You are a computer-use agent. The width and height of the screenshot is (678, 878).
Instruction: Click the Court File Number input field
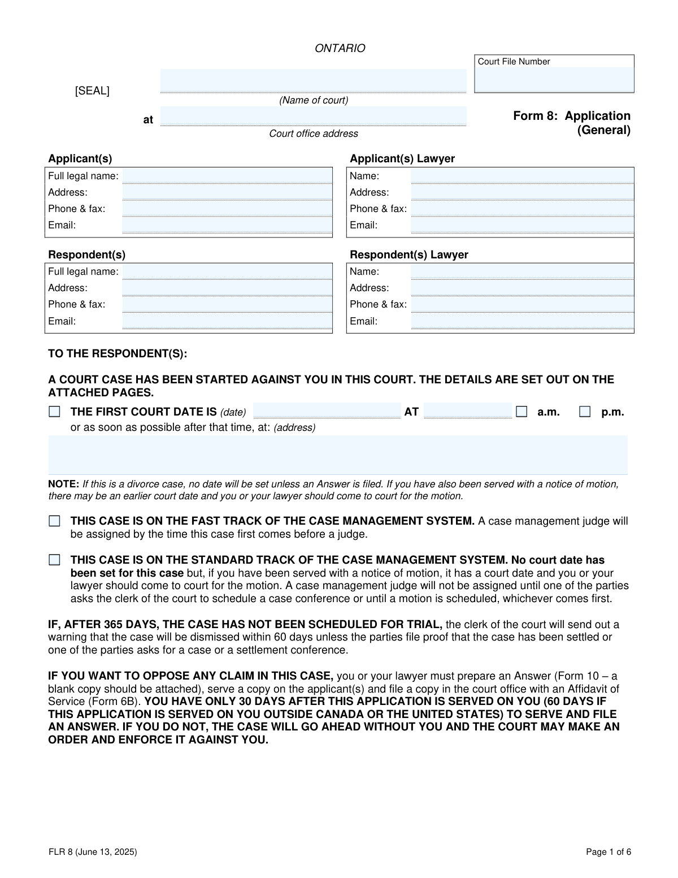[x=554, y=80]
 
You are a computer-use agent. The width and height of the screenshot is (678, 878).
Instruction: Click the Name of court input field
[x=314, y=80]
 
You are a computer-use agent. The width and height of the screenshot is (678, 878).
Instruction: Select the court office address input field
[x=314, y=116]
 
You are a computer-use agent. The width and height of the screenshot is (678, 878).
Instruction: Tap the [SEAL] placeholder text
[x=92, y=91]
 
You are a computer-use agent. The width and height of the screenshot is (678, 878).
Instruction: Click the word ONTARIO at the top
[x=340, y=49]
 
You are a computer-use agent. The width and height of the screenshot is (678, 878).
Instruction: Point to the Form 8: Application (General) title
[x=572, y=123]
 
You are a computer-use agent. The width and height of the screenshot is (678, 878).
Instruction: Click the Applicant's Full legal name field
[x=227, y=176]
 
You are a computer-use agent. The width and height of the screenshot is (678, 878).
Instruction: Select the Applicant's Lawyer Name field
[x=522, y=176]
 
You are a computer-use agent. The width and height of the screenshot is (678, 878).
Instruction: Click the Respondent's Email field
[x=227, y=321]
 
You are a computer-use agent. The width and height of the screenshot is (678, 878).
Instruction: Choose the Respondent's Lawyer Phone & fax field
[x=522, y=304]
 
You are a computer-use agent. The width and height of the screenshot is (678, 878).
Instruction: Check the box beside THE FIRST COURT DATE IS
[x=54, y=412]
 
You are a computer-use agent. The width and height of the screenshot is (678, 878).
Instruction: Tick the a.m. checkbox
[x=521, y=412]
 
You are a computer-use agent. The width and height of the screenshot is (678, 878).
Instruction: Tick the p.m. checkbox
[x=585, y=412]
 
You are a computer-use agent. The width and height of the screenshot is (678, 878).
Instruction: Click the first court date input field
[x=327, y=411]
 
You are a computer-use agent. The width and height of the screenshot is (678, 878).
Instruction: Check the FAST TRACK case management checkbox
[x=54, y=521]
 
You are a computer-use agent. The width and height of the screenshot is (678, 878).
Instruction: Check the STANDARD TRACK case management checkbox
[x=54, y=560]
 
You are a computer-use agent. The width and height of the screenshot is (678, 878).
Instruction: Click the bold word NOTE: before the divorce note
[x=63, y=484]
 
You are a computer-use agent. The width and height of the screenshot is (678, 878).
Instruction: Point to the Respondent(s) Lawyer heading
[x=409, y=255]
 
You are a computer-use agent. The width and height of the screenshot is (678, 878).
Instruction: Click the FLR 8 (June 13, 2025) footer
[x=92, y=852]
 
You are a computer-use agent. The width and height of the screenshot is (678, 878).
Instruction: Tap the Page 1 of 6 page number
[x=609, y=852]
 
